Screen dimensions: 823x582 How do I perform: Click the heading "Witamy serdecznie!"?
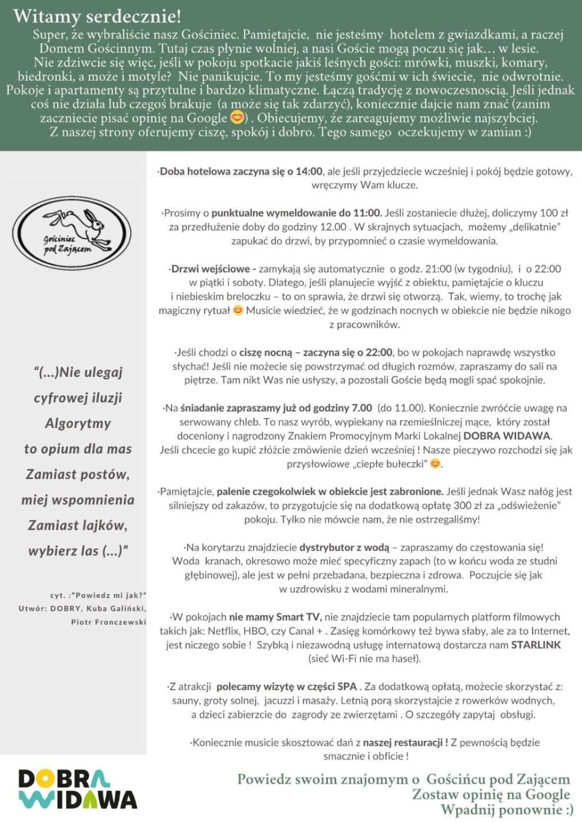[97, 16]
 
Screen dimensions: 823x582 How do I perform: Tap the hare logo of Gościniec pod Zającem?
[72, 233]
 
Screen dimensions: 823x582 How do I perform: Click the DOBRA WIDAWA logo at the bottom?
[78, 789]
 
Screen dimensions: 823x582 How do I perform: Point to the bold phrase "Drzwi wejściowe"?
[213, 269]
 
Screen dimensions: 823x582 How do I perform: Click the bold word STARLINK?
[536, 645]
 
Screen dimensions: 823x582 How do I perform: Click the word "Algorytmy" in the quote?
[78, 423]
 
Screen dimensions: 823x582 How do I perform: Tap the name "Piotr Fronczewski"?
[108, 622]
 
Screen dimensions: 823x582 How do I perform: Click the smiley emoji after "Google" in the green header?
[237, 118]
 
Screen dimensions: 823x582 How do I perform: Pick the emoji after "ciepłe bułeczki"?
[435, 464]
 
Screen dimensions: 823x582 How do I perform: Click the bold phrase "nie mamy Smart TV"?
[275, 617]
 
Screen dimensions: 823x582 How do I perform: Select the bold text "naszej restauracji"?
[405, 742]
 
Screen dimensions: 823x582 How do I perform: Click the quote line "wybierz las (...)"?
[78, 551]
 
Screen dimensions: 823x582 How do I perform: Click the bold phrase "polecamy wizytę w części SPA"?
[286, 687]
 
